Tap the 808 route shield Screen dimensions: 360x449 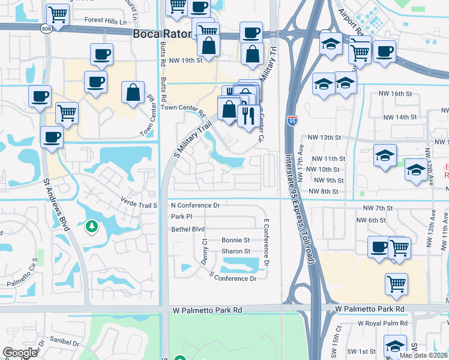(x=47, y=29)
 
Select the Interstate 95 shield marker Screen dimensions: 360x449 (x=292, y=122)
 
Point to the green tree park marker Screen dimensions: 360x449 (x=91, y=227)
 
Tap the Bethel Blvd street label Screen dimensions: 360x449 (x=188, y=229)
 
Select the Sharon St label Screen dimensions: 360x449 (x=236, y=251)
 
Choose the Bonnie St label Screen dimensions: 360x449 (x=236, y=240)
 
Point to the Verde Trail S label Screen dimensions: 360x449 (x=139, y=205)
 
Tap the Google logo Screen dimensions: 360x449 (x=20, y=353)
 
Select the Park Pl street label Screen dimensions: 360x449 (x=181, y=217)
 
